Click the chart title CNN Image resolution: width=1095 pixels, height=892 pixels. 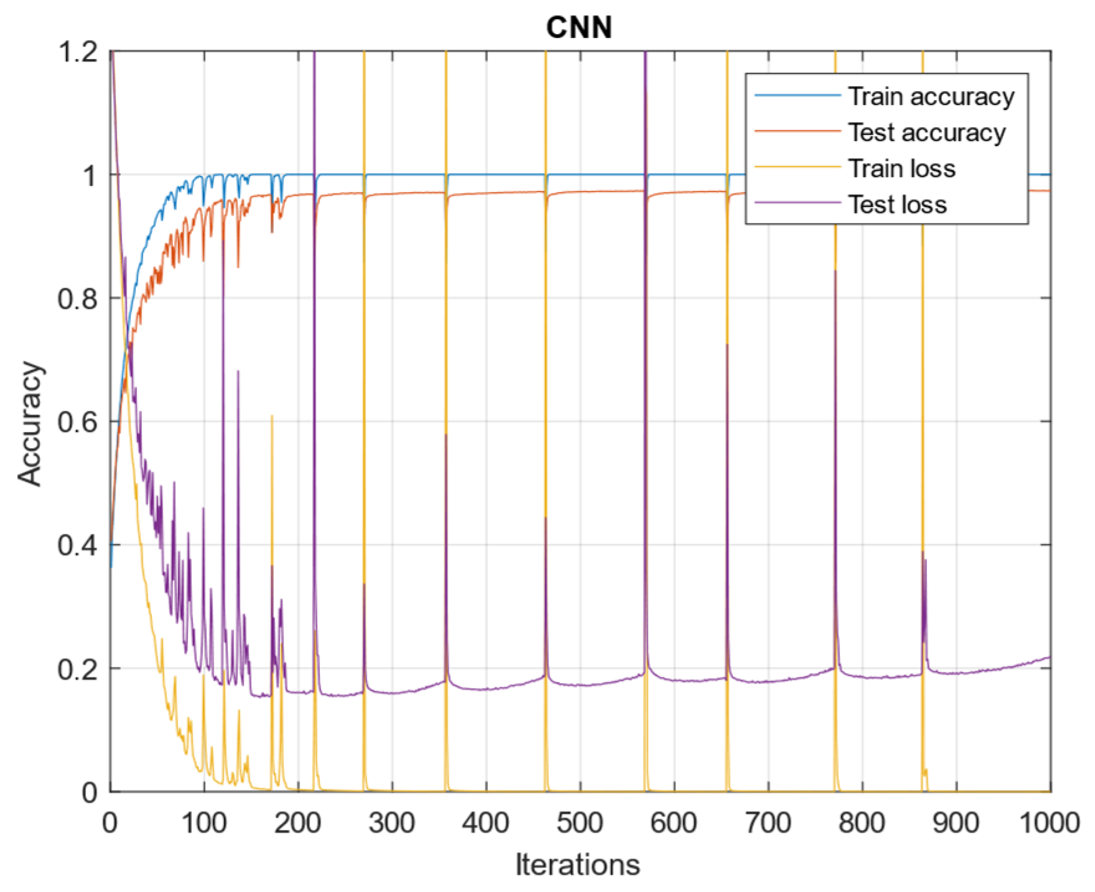tap(578, 27)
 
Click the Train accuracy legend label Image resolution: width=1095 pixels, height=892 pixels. tap(931, 96)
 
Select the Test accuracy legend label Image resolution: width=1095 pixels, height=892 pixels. tap(926, 132)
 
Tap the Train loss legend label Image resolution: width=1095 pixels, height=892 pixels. tap(902, 168)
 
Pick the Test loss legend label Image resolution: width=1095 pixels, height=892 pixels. tap(897, 205)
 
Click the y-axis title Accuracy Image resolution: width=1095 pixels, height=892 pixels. tap(30, 423)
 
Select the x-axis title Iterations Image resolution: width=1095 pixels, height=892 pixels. tap(577, 865)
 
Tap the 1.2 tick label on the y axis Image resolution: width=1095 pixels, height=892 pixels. tap(78, 52)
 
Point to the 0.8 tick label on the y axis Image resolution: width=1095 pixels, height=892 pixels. tap(78, 299)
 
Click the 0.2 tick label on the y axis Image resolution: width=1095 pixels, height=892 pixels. tap(78, 669)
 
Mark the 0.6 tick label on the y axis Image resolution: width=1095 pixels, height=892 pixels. tap(78, 423)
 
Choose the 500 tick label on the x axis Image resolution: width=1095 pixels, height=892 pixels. tap(580, 824)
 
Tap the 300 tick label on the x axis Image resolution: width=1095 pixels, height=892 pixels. tap(392, 824)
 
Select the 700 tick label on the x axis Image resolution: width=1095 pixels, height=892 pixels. tap(768, 824)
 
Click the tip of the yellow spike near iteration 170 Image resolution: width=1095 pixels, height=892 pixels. tap(272, 416)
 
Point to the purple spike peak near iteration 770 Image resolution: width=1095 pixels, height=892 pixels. tap(835, 272)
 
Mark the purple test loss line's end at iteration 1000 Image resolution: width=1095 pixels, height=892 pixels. tap(1050, 657)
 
